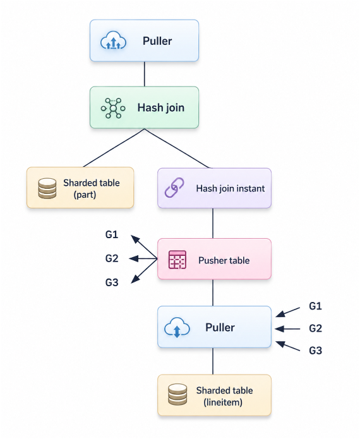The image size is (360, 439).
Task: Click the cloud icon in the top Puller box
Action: click(113, 41)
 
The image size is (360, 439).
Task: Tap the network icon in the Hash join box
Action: click(113, 108)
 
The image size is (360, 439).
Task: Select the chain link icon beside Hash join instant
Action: click(174, 188)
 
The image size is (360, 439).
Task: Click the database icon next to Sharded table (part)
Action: click(47, 188)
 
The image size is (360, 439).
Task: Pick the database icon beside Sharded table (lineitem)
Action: click(177, 395)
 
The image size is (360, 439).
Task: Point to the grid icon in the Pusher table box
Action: click(177, 260)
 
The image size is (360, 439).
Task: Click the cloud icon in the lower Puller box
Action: click(177, 327)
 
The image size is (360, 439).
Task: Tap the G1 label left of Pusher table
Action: click(112, 234)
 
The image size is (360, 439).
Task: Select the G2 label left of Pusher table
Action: click(112, 258)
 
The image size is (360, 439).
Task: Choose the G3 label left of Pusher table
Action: click(112, 282)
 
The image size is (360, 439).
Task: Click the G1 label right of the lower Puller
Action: click(315, 306)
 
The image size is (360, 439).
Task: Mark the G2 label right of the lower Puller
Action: click(315, 328)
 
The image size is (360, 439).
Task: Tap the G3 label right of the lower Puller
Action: click(315, 351)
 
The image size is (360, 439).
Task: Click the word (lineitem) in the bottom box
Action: click(223, 402)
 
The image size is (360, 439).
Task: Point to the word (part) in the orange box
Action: click(85, 195)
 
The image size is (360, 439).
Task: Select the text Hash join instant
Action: click(231, 188)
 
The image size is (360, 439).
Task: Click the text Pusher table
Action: click(224, 260)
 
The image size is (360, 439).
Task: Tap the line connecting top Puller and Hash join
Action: click(145, 74)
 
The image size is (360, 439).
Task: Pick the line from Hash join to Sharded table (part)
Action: click(114, 148)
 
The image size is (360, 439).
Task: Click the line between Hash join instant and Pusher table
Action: click(213, 223)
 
